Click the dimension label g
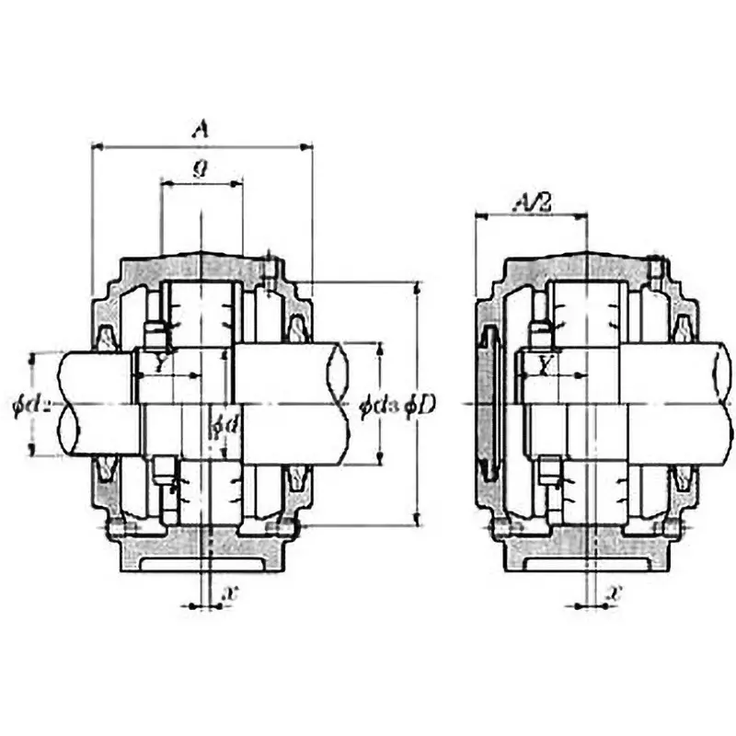click(200, 167)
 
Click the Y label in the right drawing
click(545, 365)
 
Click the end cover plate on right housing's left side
click(488, 405)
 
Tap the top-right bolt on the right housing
click(655, 269)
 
